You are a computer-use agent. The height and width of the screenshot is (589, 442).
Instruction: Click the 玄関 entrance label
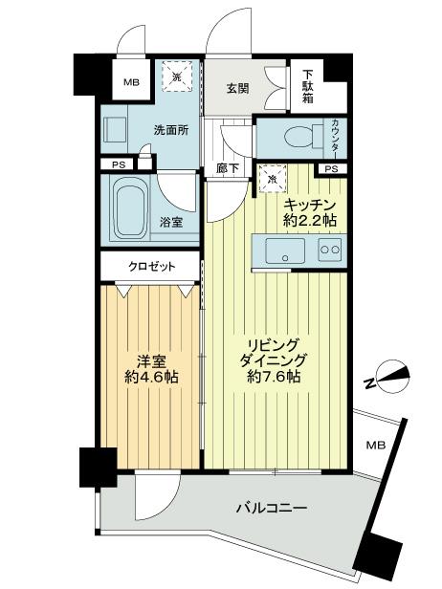coord(236,89)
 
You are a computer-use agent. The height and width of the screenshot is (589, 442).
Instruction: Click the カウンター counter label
coord(336,136)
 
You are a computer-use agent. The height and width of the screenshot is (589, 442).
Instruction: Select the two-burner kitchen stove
coord(329,251)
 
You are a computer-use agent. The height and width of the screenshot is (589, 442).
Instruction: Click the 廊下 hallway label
coord(227,168)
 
